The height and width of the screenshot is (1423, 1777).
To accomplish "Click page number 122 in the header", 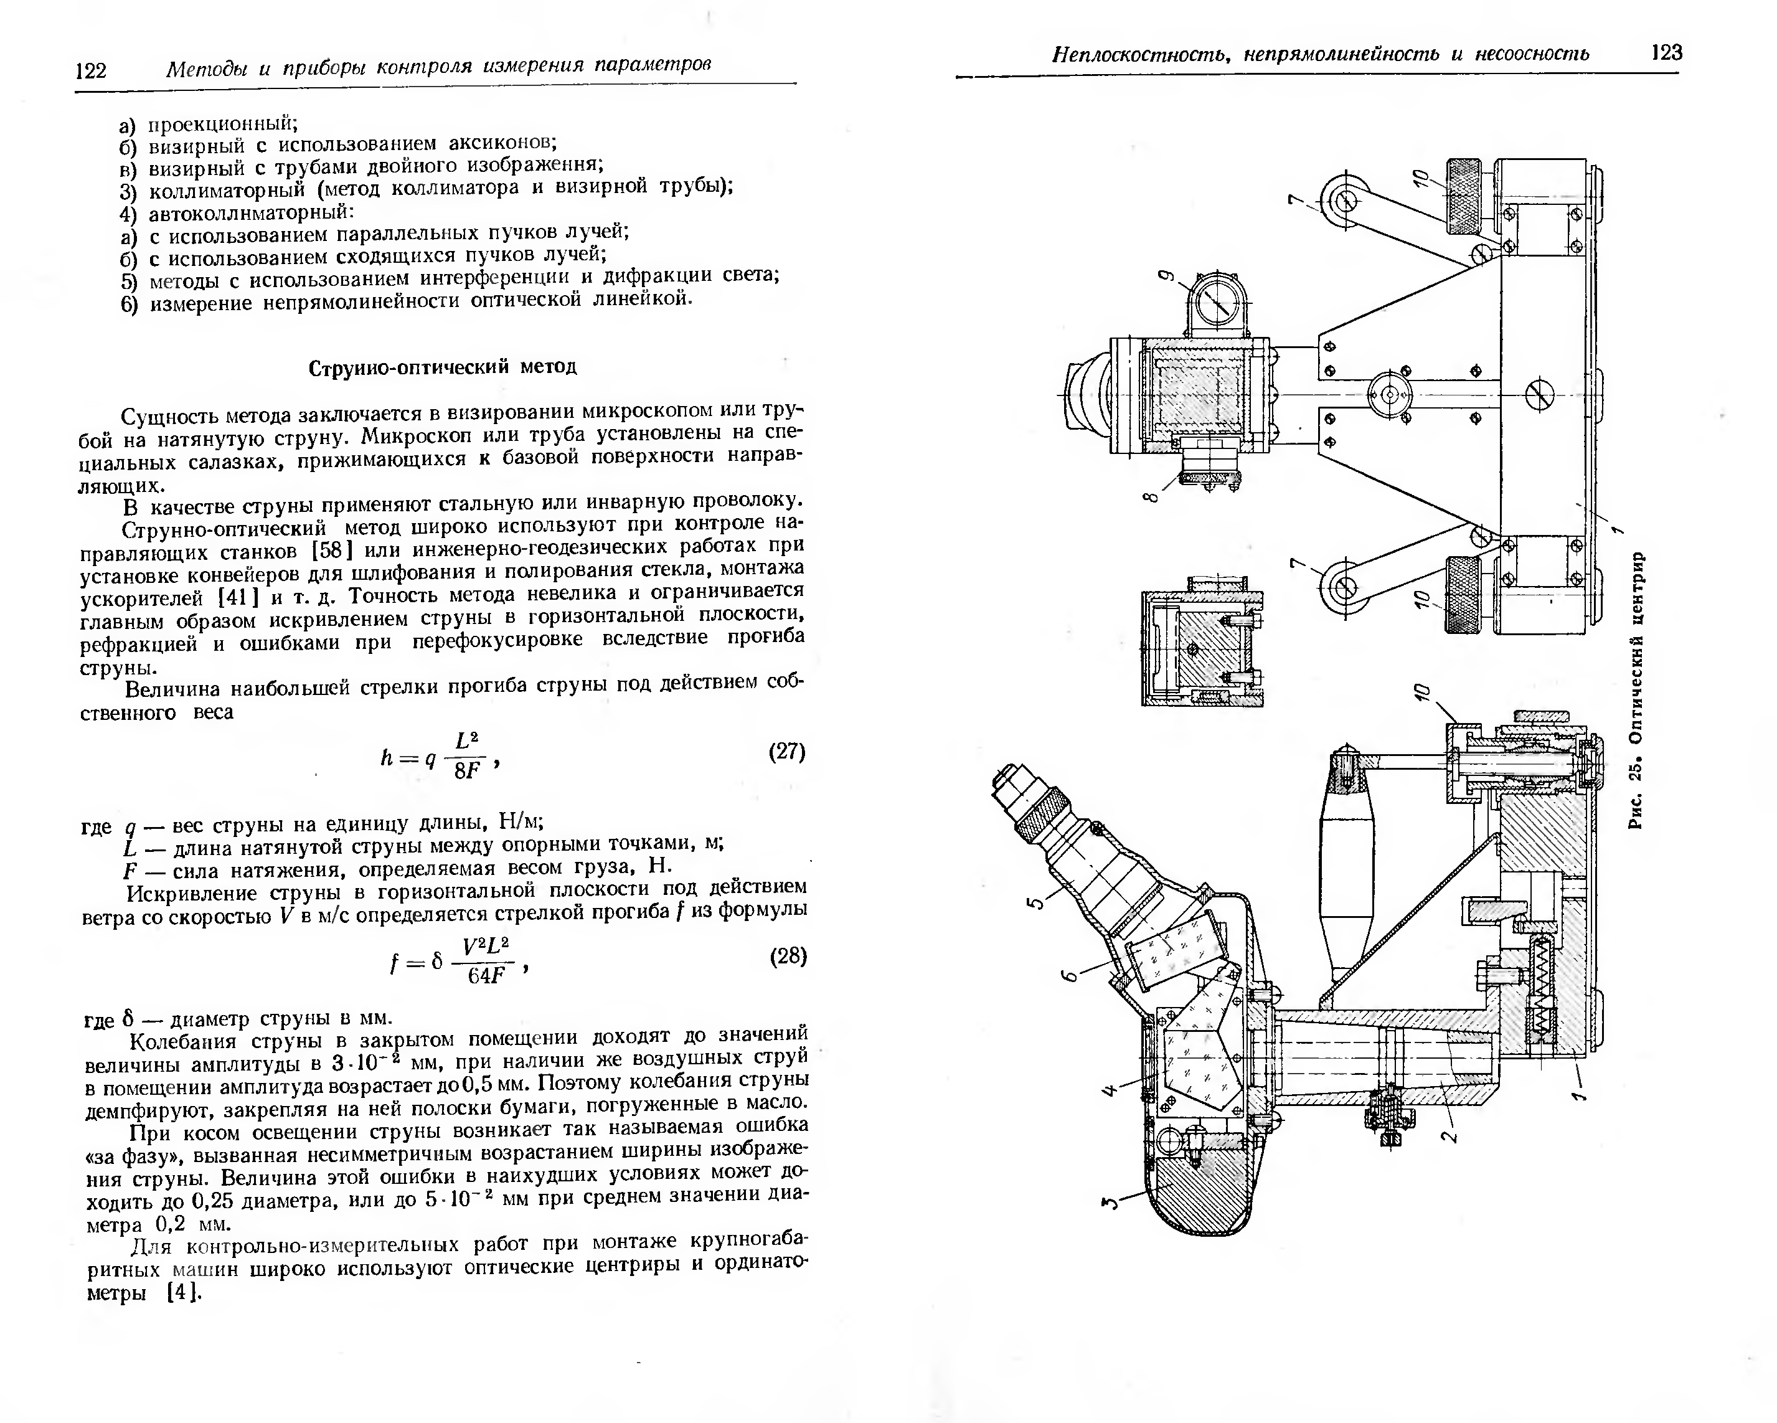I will (91, 70).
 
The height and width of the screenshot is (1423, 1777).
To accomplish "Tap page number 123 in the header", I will (1667, 53).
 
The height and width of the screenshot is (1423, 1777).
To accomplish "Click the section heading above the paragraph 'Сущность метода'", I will (443, 367).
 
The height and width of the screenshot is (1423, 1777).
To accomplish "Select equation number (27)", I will (786, 751).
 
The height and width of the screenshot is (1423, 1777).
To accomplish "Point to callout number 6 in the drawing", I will (1068, 976).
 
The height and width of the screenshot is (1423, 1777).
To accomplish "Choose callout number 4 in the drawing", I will (1110, 1090).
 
